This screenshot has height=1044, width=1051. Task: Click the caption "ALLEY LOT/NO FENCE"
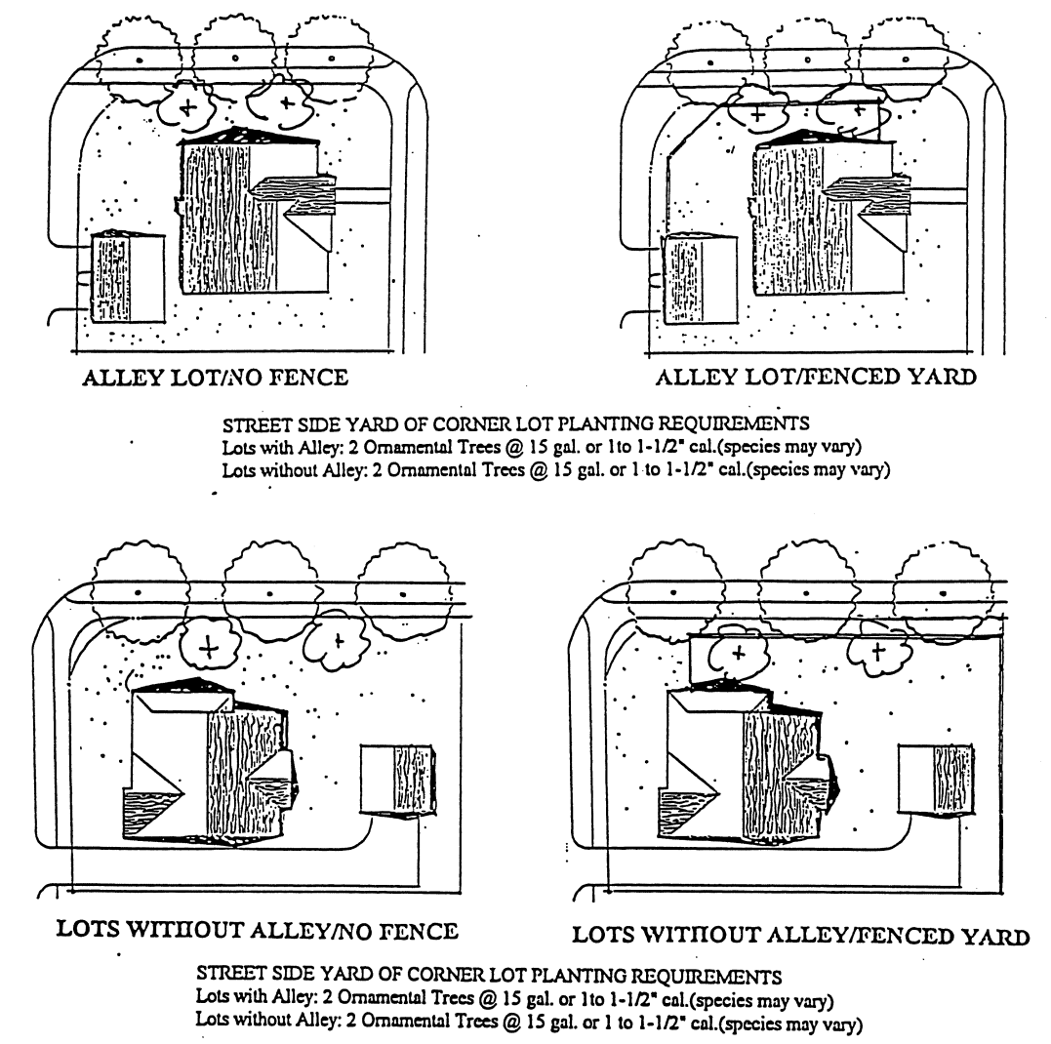coord(215,378)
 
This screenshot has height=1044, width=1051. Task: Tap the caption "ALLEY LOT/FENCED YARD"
coord(816,377)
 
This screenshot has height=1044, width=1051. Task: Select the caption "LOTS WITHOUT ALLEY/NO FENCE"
coord(258,930)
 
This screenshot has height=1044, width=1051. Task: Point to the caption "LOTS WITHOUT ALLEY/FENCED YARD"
coord(800,936)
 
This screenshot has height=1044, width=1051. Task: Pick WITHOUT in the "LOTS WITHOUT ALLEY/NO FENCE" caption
coord(184,930)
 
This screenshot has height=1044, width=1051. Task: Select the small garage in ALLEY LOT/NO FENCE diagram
coord(128,277)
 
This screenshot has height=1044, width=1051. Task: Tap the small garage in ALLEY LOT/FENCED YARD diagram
coord(699,279)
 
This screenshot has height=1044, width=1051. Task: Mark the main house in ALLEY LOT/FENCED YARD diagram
coord(829,213)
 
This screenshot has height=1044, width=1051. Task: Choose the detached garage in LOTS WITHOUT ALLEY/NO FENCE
coord(398,780)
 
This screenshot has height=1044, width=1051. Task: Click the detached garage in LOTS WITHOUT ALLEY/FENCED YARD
coord(937,780)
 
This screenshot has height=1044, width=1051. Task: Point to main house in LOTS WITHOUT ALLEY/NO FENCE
coord(209,762)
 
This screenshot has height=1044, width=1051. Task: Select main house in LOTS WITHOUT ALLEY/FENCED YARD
coord(747,762)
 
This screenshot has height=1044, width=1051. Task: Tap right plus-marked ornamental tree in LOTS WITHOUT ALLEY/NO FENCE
coord(338,641)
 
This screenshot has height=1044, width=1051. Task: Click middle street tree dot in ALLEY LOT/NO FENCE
coord(235,59)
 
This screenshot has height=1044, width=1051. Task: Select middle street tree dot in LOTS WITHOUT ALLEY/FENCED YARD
coord(806,593)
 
